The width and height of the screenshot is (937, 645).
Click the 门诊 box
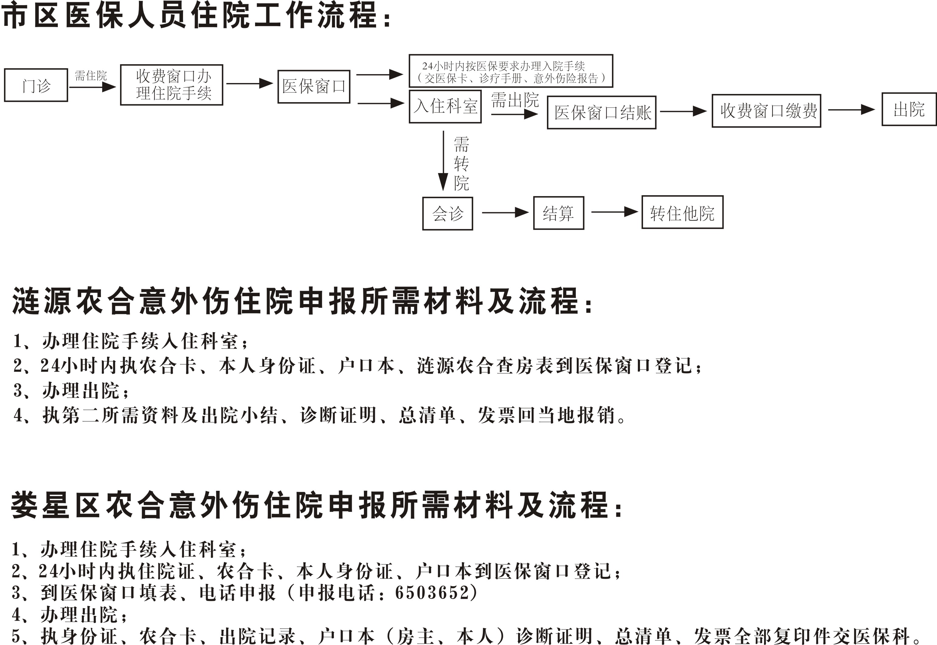36,85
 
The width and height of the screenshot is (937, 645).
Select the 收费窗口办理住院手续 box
172,85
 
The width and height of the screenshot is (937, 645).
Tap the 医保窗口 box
314,86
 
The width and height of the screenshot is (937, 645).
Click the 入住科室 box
445,106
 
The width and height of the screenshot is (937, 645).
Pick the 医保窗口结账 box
602,112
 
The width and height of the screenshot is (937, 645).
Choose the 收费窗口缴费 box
766,111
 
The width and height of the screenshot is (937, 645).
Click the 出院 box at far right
909,109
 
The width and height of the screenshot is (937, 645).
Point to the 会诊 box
448,213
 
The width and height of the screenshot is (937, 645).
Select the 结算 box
559,213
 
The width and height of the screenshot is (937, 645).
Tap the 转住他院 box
683,212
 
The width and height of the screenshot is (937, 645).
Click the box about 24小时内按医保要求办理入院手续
511,71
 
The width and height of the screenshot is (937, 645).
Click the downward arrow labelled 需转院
443,161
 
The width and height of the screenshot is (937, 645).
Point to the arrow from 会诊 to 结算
506,212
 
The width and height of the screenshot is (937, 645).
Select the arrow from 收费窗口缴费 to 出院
851,109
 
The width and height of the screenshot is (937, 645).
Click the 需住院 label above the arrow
91,76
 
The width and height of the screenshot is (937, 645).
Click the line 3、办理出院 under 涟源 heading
71,391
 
